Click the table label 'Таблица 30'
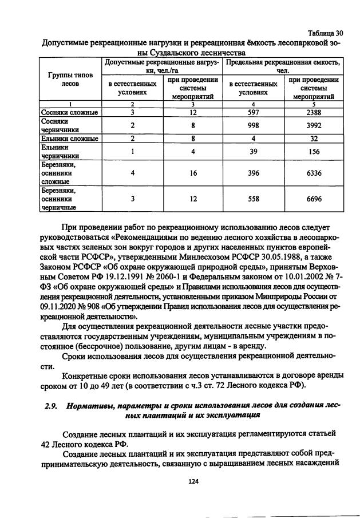(x=325, y=33)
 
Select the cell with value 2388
(x=313, y=112)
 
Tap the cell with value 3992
(x=313, y=125)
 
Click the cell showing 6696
(x=313, y=199)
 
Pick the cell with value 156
(x=313, y=152)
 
